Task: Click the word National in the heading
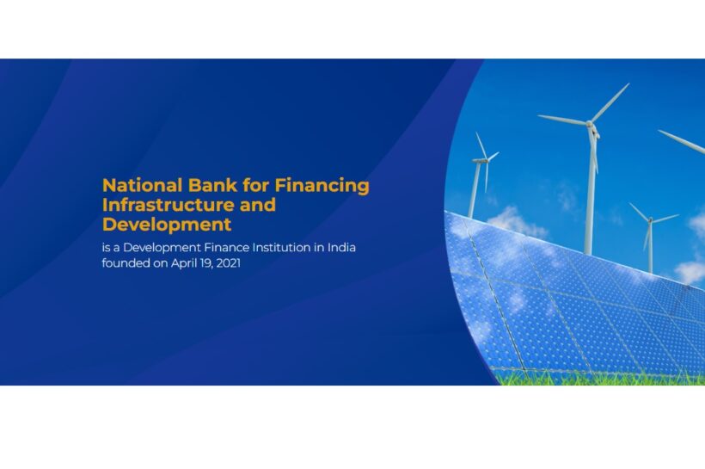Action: pos(143,185)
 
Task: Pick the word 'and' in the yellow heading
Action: pos(258,206)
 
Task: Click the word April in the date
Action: pos(184,263)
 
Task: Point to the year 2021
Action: pos(228,262)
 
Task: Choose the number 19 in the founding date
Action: pos(206,263)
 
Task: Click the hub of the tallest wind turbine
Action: pos(590,123)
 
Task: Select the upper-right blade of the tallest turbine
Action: pos(610,102)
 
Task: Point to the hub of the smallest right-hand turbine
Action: pos(650,220)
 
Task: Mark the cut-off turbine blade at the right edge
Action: pos(682,141)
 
